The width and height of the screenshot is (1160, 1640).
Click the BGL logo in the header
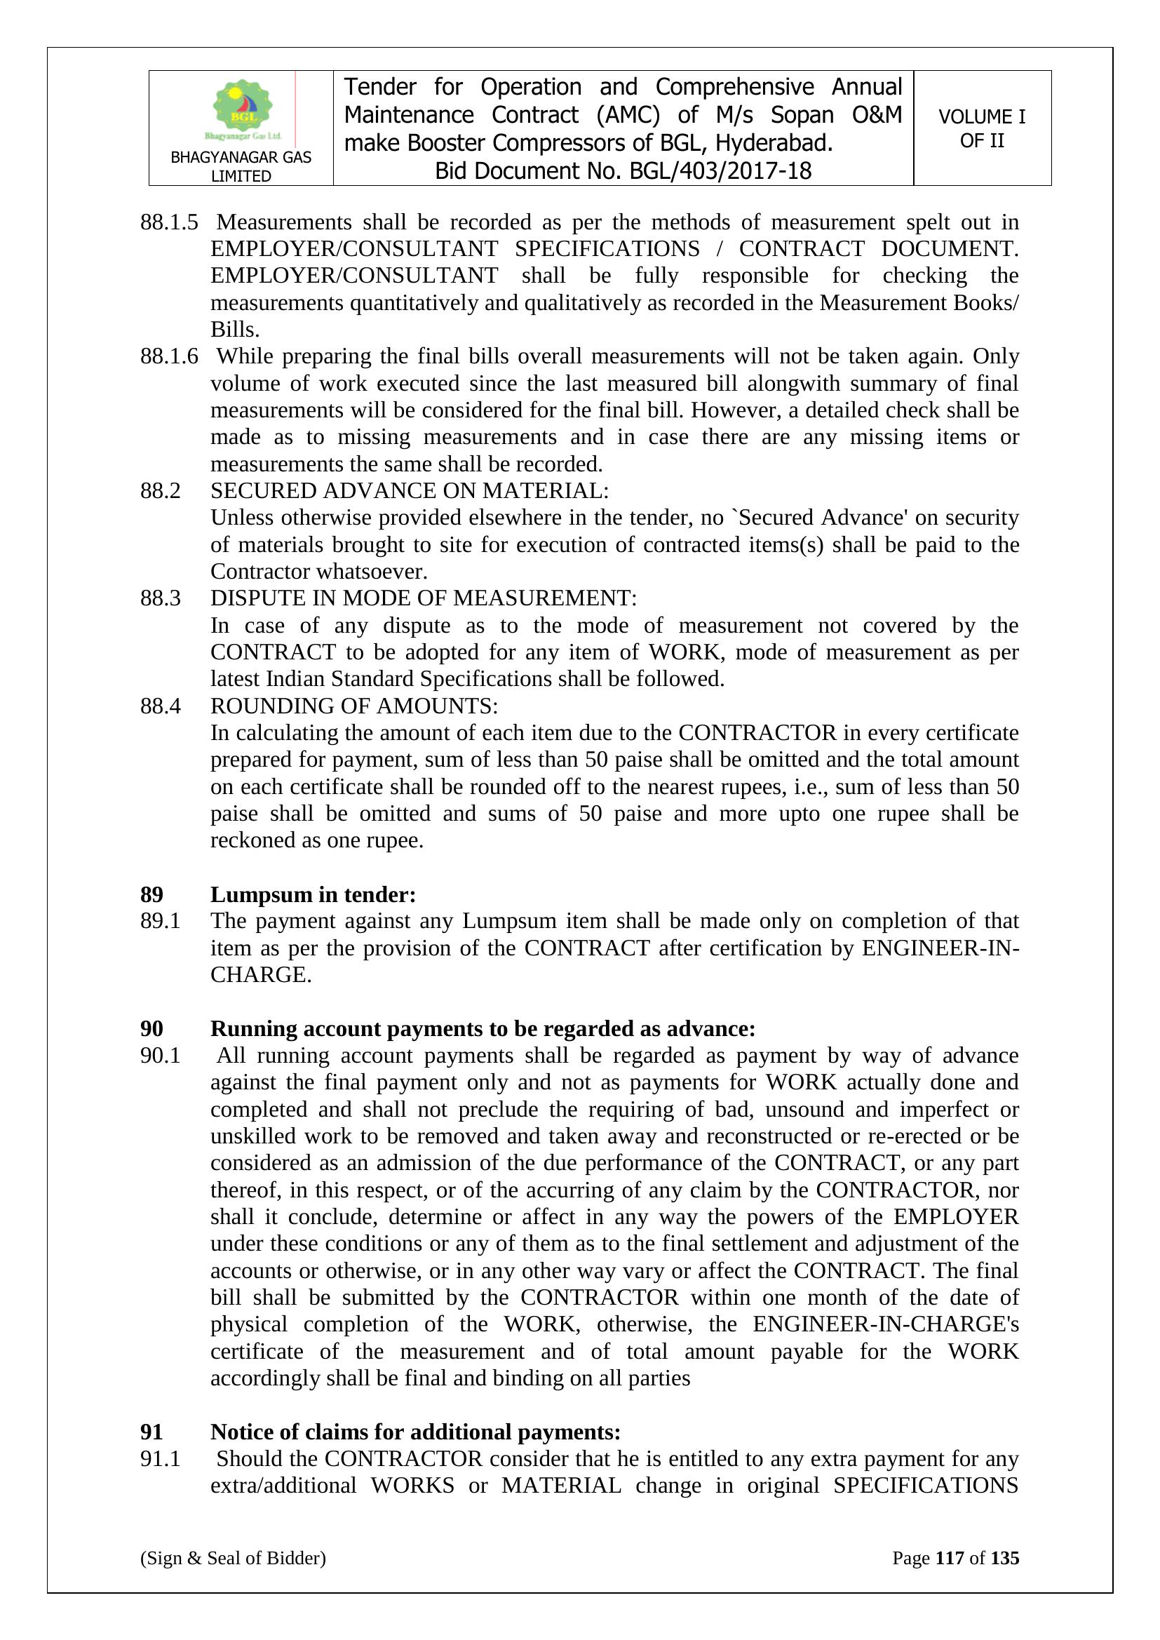click(242, 111)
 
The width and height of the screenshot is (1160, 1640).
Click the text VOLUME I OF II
click(981, 128)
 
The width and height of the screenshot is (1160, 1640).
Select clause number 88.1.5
click(169, 222)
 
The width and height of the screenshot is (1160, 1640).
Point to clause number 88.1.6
click(169, 356)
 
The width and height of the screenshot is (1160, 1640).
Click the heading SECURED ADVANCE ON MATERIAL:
click(410, 491)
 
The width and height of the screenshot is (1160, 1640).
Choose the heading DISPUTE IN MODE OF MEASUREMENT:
click(423, 598)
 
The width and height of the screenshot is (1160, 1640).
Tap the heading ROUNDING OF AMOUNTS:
click(353, 706)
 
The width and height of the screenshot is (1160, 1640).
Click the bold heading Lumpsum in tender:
click(313, 894)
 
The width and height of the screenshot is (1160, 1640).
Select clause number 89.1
click(160, 921)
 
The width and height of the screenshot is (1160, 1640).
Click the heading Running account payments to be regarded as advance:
click(482, 1028)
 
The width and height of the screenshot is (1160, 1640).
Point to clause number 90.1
click(160, 1055)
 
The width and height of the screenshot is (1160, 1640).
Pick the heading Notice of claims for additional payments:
click(415, 1432)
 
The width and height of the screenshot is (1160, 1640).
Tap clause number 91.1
click(160, 1458)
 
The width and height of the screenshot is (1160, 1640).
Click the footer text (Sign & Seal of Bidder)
click(233, 1558)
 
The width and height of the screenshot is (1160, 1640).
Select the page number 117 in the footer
click(950, 1558)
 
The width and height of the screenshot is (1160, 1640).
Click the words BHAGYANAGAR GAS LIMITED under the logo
click(241, 166)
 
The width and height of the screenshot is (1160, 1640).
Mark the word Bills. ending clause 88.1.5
click(234, 329)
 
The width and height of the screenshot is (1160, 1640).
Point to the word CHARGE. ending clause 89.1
click(261, 975)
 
